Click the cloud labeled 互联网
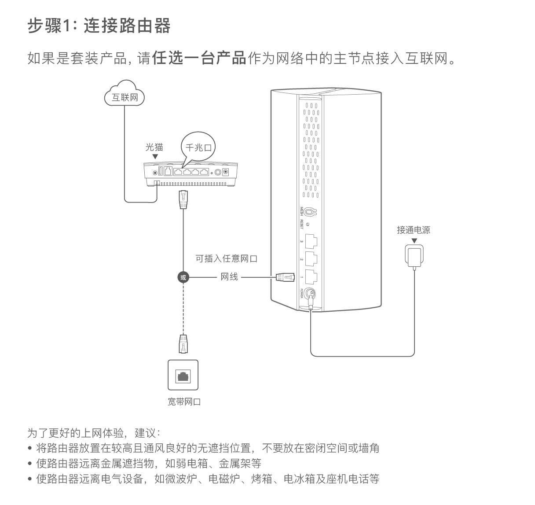point(125,93)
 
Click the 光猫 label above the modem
point(154,147)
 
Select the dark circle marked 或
point(183,277)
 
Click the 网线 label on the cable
point(229,276)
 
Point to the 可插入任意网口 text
point(226,258)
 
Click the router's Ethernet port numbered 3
point(311,241)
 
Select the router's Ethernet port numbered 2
point(311,259)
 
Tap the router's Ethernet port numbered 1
point(311,276)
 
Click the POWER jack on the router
point(311,293)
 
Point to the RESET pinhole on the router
point(308,225)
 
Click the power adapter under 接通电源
point(414,256)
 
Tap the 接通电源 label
point(414,230)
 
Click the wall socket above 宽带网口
point(183,375)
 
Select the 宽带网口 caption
point(184,402)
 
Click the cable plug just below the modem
point(183,199)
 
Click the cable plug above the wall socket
point(183,344)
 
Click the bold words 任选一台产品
point(199,58)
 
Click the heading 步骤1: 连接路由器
point(99,26)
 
